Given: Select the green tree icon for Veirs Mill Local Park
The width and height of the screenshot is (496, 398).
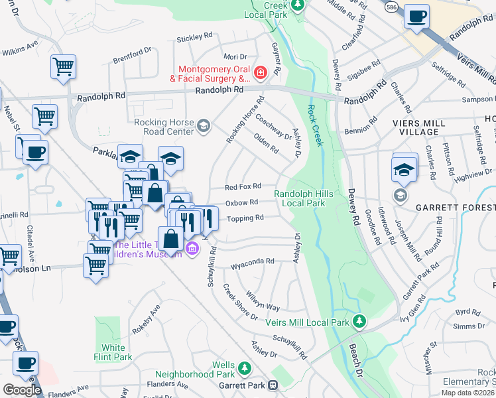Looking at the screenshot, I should (359, 322).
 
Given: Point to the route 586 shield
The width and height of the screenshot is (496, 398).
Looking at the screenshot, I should (393, 5).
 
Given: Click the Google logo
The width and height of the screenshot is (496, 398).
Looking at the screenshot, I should (22, 389).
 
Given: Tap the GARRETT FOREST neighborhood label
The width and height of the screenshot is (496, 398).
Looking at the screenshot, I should (456, 208).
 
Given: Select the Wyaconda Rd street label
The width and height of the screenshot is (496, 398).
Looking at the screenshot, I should (252, 261).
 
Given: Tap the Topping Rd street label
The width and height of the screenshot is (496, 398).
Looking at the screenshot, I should (245, 218).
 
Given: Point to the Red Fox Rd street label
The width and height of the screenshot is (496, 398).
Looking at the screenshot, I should (243, 187).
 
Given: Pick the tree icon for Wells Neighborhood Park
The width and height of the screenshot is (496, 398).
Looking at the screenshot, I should (245, 367).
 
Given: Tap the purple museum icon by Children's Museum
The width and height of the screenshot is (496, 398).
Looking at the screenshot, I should (192, 249).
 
